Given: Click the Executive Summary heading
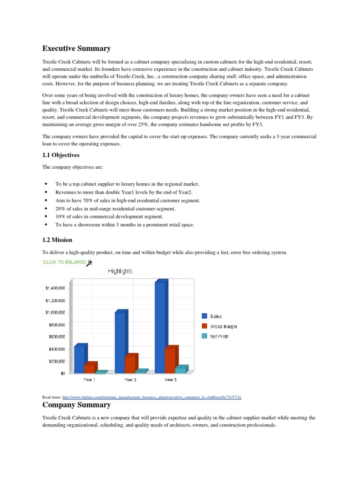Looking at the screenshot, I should (x=76, y=48).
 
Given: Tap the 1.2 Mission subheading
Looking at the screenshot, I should (x=57, y=240).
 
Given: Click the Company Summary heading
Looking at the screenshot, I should (x=76, y=405).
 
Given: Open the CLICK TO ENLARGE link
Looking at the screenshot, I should (x=64, y=262).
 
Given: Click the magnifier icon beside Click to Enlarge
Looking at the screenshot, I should (x=90, y=263).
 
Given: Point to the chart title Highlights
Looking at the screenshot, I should (x=120, y=271).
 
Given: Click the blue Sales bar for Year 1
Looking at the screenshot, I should (x=79, y=359).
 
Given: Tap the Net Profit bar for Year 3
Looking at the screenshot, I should (x=180, y=370).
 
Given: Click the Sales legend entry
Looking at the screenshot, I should (x=216, y=316).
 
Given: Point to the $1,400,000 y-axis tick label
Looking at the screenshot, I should (x=55, y=288).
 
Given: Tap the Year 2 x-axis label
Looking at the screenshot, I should (x=130, y=379).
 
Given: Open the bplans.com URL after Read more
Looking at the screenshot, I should (x=151, y=397).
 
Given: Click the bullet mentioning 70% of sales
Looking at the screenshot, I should (x=127, y=200).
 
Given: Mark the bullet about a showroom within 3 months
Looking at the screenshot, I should (x=125, y=225).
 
